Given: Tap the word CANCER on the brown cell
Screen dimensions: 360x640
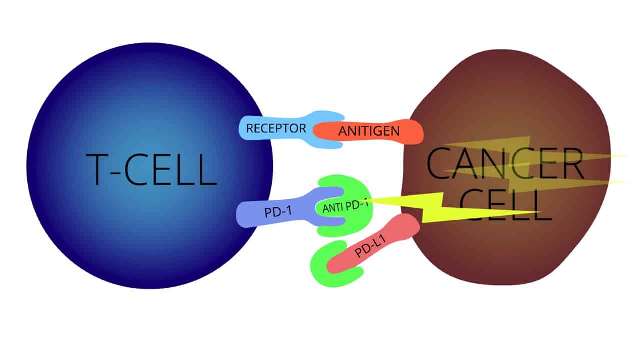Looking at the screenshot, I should (505, 163).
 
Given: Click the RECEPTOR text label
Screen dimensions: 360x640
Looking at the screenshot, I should (276, 128).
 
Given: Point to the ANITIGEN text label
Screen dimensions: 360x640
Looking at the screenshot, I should (369, 132).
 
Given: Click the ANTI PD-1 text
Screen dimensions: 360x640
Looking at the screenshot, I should (345, 206).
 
